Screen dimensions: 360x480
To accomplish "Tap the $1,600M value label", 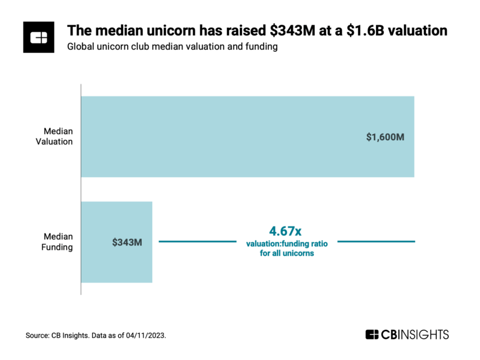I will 385,137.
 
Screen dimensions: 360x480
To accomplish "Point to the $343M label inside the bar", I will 127,242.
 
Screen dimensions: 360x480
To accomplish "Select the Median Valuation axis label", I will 58,136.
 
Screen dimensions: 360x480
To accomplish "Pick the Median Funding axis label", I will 58,242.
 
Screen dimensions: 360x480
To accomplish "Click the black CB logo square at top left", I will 39,37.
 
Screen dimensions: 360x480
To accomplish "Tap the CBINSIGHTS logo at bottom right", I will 407,334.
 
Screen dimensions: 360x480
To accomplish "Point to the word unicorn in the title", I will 160,31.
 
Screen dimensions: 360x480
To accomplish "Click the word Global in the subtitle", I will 80,47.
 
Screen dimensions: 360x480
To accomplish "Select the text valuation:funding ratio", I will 287,244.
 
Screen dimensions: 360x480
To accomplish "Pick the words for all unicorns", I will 287,253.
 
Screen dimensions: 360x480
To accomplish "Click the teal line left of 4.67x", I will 196,241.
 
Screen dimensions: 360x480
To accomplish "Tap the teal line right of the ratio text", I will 376,241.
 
